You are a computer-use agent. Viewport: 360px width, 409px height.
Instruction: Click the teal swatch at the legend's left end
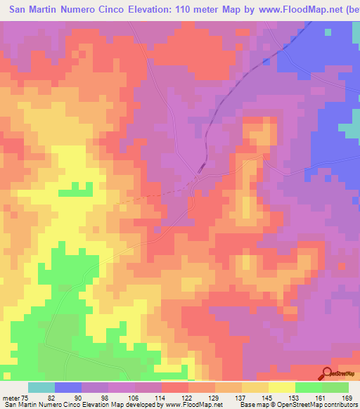[x=41, y=387]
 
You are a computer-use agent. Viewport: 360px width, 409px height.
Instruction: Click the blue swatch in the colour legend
[x=69, y=387]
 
